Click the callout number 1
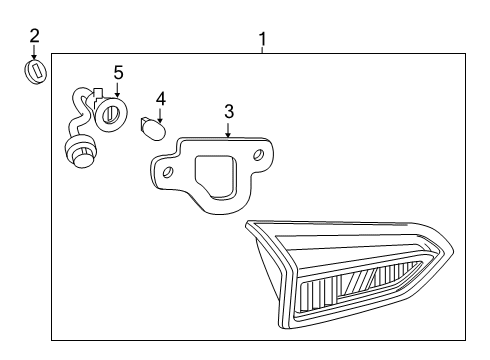[262, 40]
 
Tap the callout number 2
[35, 36]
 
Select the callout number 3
[228, 111]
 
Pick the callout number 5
[118, 72]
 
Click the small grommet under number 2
[36, 74]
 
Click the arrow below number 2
[35, 53]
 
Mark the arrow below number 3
[228, 129]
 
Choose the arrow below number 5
[117, 90]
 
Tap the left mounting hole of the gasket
[168, 172]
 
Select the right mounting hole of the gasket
[258, 154]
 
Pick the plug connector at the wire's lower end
[76, 153]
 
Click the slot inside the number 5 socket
[111, 113]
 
